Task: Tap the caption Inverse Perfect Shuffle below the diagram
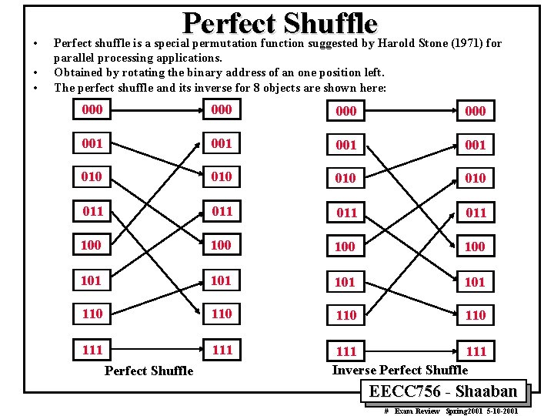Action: pos(399,370)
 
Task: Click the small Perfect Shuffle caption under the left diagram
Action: pos(149,371)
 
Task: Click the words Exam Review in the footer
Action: pos(417,411)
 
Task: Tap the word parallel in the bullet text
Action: pos(75,58)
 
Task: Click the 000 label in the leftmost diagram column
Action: pos(92,109)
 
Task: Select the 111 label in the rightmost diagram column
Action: pos(476,351)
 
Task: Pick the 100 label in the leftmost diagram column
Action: pos(91,245)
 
